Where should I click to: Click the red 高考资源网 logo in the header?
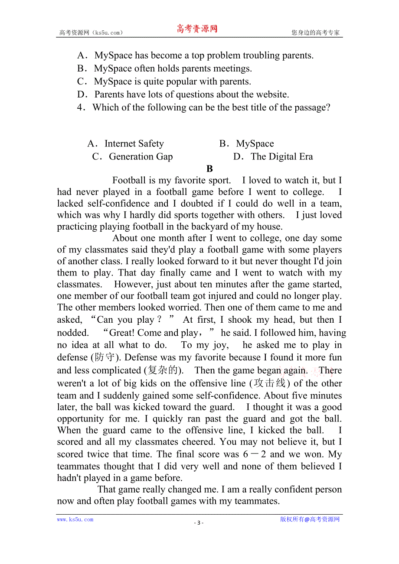[196, 29]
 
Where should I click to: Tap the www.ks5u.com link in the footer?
[75, 519]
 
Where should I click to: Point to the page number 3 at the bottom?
[199, 522]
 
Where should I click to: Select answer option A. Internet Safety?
[126, 144]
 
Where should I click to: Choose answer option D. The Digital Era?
[273, 157]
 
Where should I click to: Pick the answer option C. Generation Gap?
[133, 157]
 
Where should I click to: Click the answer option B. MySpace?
[247, 144]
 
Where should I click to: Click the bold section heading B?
[209, 169]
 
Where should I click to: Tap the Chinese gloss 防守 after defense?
[105, 357]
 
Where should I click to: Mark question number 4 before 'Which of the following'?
[80, 107]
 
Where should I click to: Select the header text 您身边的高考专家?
[315, 32]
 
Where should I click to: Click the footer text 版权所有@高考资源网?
[310, 519]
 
